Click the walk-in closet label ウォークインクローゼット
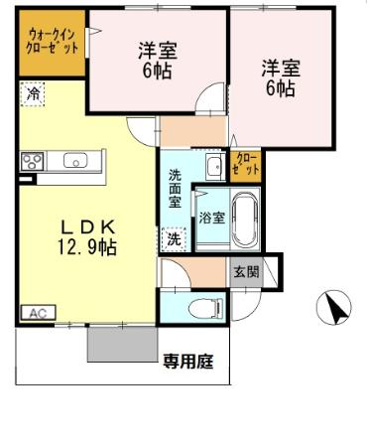tap(52, 42)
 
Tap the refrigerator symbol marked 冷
tap(32, 94)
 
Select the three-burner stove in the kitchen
tap(32, 161)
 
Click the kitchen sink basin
tap(75, 160)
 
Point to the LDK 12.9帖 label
tap(87, 237)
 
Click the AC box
tap(38, 312)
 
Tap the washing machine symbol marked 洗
tap(174, 239)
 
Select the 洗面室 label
tap(175, 189)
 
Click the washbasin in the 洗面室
tap(213, 167)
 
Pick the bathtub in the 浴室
tap(245, 220)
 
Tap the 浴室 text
tap(212, 218)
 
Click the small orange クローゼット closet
tap(246, 166)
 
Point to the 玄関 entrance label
tap(247, 272)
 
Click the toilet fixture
tap(205, 309)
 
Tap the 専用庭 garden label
tap(188, 362)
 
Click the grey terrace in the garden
tap(122, 345)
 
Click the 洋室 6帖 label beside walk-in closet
tap(158, 61)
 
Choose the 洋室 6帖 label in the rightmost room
tap(281, 77)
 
